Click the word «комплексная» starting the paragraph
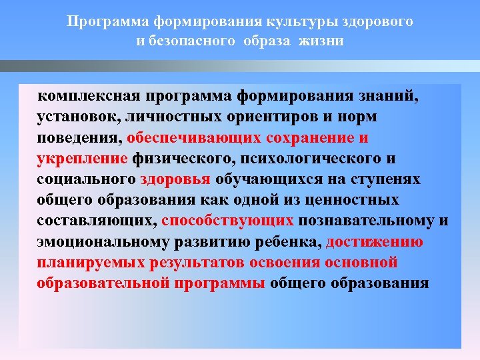pos(84,96)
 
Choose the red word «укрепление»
pos(82,159)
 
